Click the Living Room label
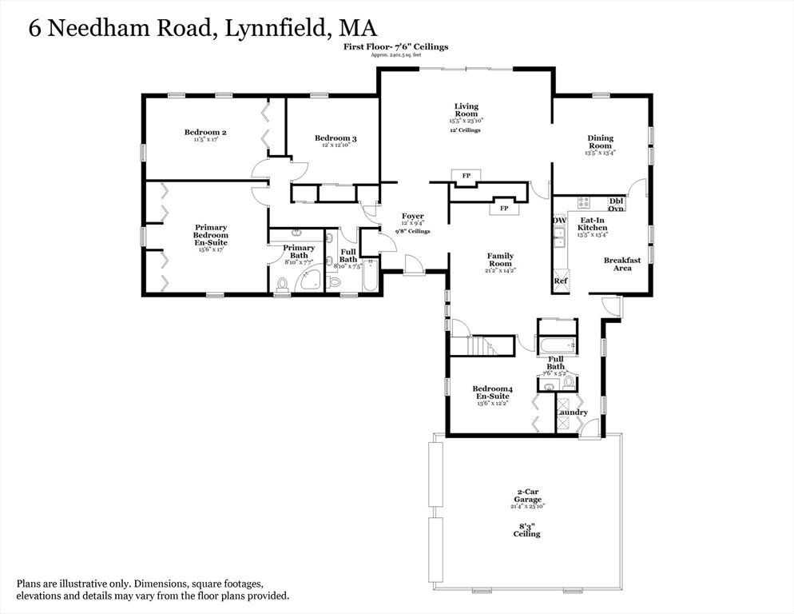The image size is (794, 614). (x=466, y=110)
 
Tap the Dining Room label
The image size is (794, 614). (x=600, y=142)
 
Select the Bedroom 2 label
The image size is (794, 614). (x=200, y=133)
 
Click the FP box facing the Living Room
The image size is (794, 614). (x=463, y=176)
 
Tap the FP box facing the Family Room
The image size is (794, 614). (x=504, y=208)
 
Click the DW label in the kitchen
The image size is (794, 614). (x=559, y=221)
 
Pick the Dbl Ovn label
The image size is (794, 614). (x=616, y=205)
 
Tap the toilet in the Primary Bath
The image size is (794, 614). (x=282, y=284)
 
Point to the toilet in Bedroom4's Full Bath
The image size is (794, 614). (x=569, y=383)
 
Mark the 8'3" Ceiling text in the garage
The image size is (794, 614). (x=528, y=529)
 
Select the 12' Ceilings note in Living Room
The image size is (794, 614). (x=465, y=130)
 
